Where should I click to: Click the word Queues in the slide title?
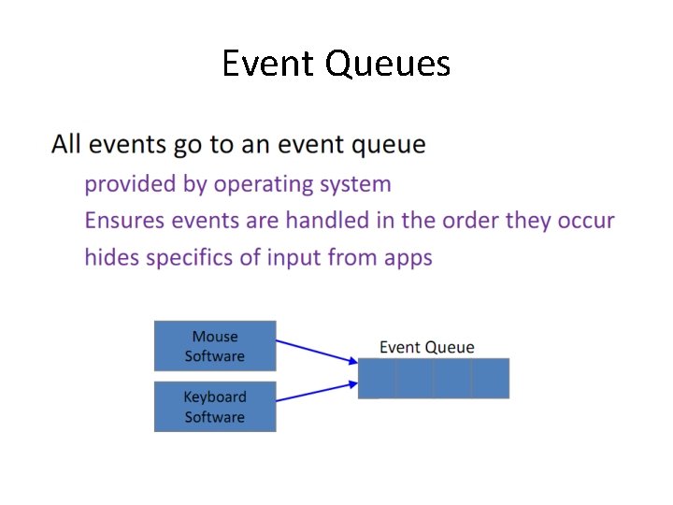point(388,64)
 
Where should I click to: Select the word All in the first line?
point(66,145)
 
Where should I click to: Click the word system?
point(355,184)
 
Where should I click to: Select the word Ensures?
point(124,221)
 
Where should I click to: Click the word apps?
point(408,257)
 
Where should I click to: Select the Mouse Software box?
point(215,346)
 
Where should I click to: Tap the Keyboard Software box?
point(215,407)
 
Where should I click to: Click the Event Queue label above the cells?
point(426,347)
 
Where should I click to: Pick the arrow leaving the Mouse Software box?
point(318,351)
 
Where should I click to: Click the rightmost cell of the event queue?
point(491,379)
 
